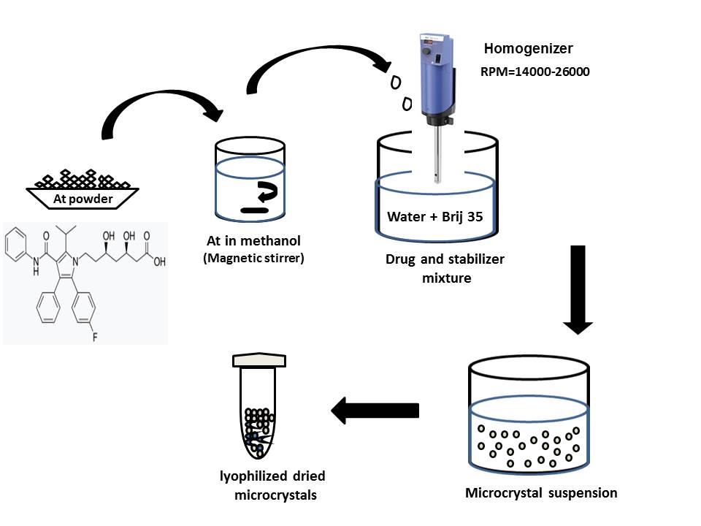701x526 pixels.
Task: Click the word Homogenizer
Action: [x=528, y=50]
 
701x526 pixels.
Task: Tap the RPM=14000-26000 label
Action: [x=535, y=72]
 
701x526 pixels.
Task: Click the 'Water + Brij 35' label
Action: [x=435, y=216]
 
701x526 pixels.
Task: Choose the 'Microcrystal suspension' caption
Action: [x=541, y=493]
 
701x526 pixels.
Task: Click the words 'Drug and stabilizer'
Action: [x=445, y=259]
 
